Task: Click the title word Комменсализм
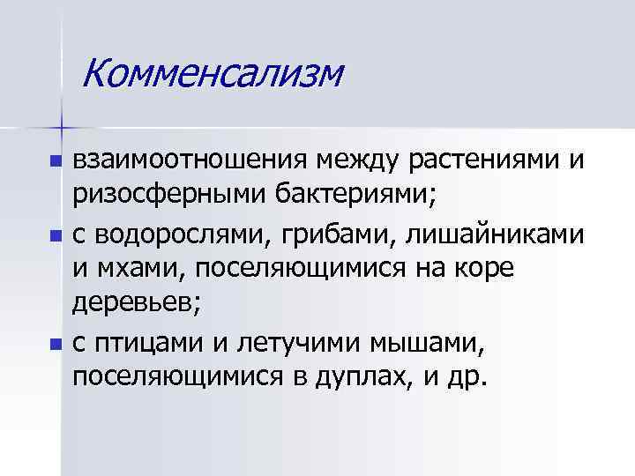[211, 73]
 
